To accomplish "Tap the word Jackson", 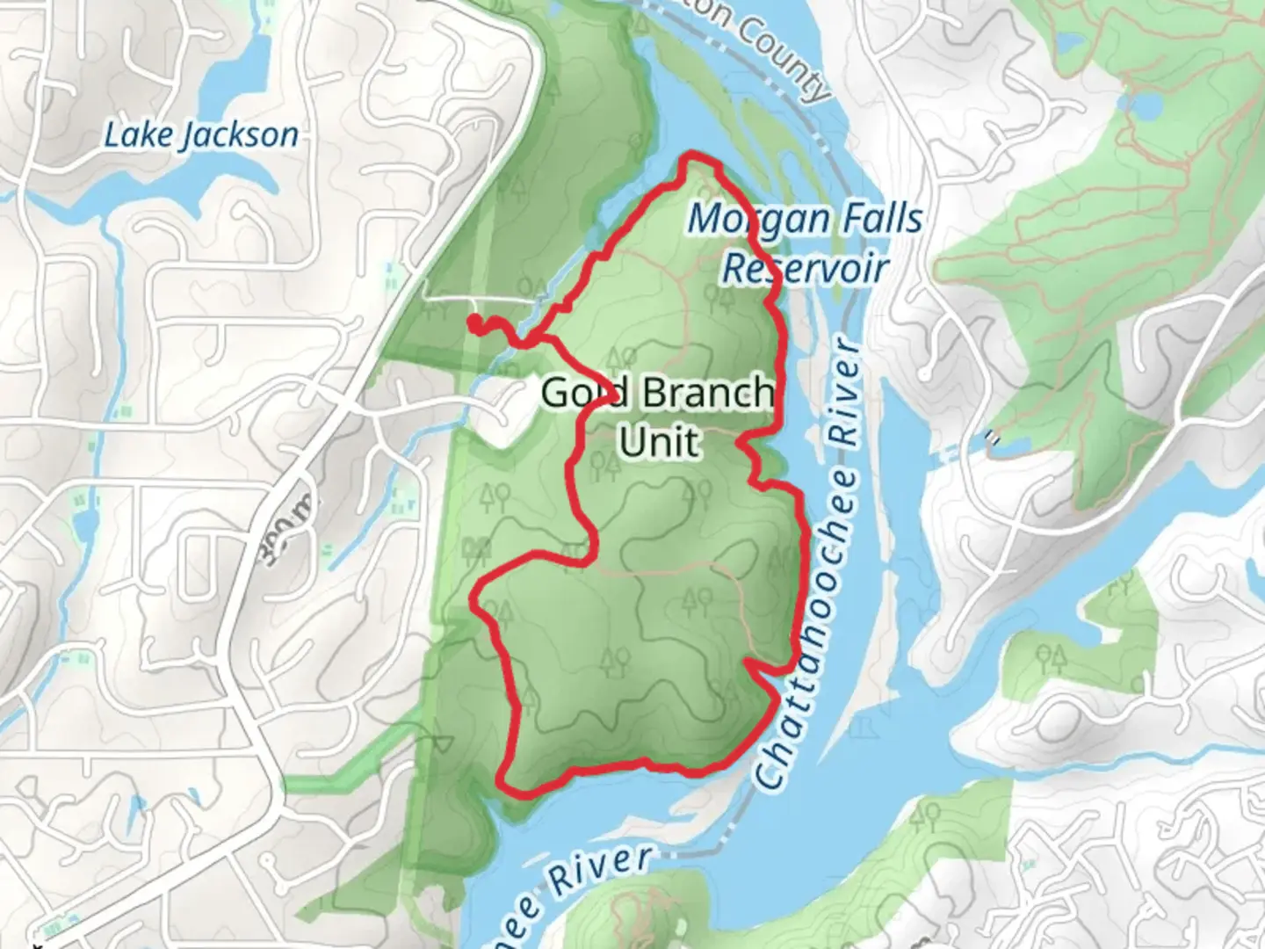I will coord(237,135).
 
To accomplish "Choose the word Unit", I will coord(660,441).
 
